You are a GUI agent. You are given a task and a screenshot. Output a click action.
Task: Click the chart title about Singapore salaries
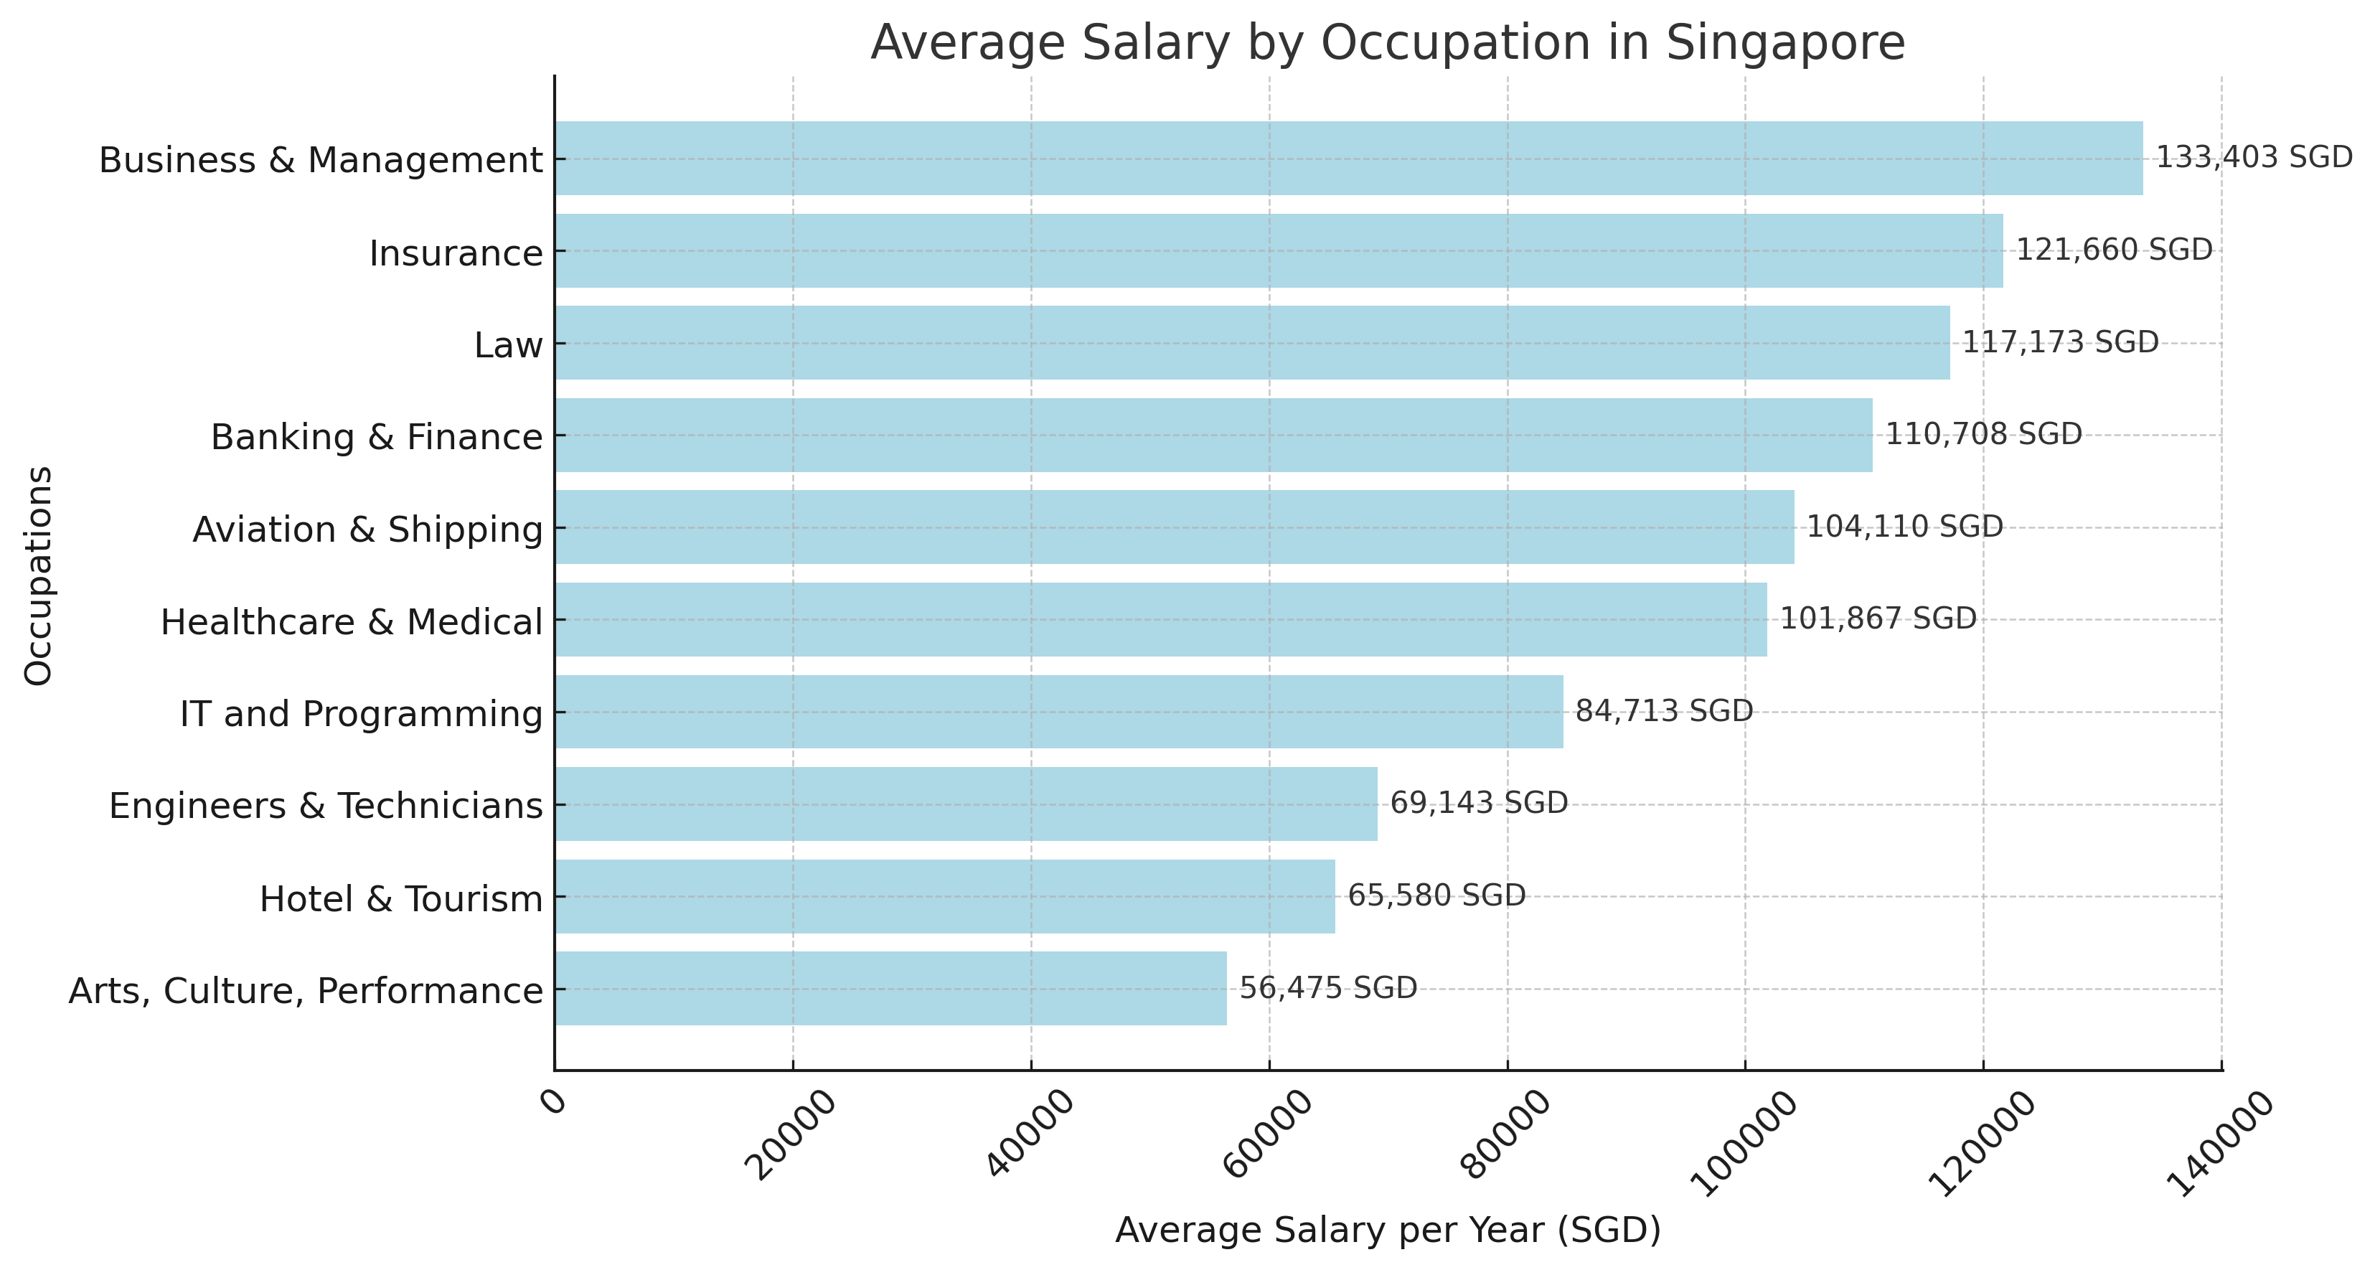tap(1387, 42)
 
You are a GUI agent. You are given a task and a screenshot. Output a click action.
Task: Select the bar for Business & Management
tap(1348, 158)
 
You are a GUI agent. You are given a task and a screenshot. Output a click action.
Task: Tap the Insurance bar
tap(1278, 251)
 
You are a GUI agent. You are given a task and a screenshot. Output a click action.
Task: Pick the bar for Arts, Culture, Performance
tap(890, 988)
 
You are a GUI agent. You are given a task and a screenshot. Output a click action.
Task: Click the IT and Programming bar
tap(1058, 711)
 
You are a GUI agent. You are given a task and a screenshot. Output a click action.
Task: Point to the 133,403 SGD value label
tap(2253, 158)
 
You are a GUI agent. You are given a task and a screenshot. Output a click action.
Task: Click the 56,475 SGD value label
tap(1327, 988)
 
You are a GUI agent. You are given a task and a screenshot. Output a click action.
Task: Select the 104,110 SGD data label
tap(1904, 527)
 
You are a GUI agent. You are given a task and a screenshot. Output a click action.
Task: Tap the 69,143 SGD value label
tap(1478, 804)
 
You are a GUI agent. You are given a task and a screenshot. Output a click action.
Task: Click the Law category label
tap(508, 345)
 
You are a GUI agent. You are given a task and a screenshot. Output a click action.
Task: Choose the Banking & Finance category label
tap(376, 436)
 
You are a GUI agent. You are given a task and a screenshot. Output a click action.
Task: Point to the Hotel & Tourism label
tap(401, 898)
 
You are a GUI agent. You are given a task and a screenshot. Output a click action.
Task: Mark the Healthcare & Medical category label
tap(352, 621)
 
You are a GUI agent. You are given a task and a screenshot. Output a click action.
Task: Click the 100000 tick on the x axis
tap(1744, 1144)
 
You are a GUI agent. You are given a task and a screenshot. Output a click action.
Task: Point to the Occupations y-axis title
tap(39, 575)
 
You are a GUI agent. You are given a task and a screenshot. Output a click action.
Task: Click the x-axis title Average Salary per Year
tap(1387, 1231)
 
